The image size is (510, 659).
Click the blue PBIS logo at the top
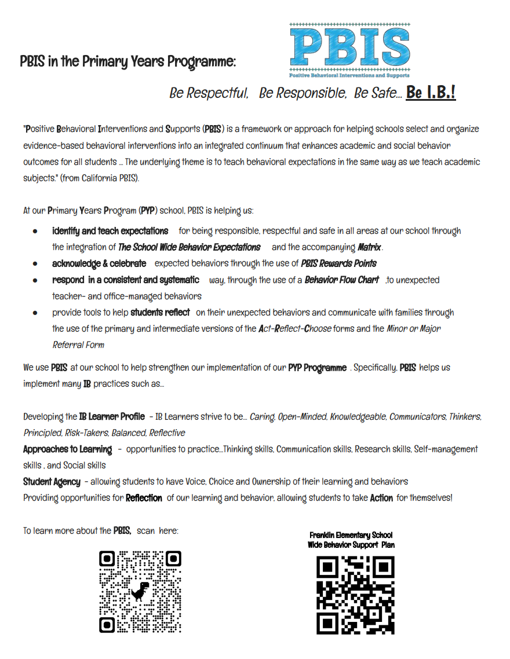click(x=349, y=50)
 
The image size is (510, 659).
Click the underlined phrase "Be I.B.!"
click(x=431, y=93)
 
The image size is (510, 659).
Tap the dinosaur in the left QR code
click(x=140, y=591)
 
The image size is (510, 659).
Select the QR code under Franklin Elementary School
click(x=355, y=595)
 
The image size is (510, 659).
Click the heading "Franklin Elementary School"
click(x=351, y=535)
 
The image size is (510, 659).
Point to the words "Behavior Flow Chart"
click(x=342, y=280)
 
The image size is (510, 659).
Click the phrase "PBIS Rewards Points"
click(x=339, y=263)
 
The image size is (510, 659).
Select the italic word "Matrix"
click(x=370, y=247)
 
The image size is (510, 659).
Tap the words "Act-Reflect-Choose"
click(x=295, y=328)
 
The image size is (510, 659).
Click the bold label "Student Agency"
click(x=52, y=481)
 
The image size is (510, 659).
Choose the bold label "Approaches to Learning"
click(x=67, y=449)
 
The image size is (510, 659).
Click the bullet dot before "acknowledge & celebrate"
click(x=35, y=263)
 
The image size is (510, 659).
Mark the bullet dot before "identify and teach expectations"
click(x=35, y=231)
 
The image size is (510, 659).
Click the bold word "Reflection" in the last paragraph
click(x=144, y=497)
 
